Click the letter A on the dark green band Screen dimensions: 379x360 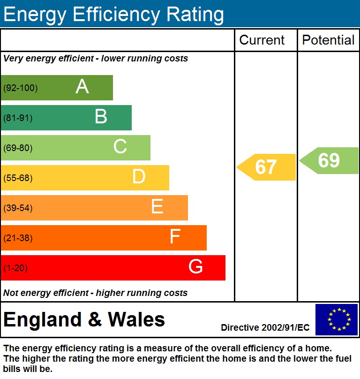82,87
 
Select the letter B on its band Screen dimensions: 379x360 101,117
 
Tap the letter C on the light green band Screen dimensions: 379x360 120,147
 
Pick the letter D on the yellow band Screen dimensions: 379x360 139,177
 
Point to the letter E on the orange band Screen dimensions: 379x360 157,207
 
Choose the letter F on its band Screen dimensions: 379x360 175,237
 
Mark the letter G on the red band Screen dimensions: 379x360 195,267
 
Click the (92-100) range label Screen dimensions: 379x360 21,88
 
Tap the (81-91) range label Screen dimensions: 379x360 18,118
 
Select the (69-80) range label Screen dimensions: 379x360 18,148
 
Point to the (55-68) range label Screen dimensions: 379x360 18,178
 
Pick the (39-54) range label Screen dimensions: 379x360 18,208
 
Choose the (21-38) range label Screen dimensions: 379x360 18,238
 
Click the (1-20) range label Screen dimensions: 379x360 16,268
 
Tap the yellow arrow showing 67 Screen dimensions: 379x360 266,167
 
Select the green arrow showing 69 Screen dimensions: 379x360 329,160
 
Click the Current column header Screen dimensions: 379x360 262,40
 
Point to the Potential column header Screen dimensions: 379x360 328,40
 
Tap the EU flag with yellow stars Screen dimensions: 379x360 337,319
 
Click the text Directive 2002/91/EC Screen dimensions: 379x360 265,327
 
